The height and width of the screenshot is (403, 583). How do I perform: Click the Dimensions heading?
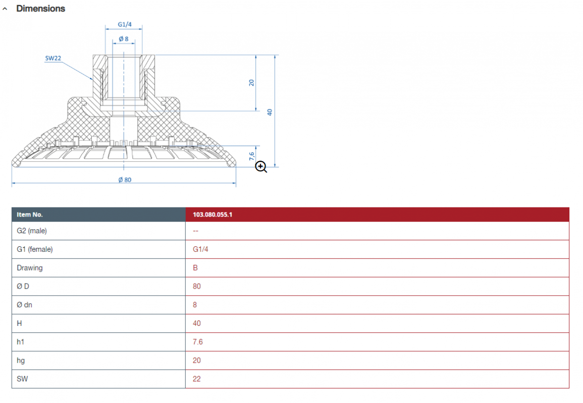coord(40,9)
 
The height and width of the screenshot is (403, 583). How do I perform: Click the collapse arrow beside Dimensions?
coord(5,9)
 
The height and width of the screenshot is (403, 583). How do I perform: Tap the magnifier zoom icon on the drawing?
coord(261,167)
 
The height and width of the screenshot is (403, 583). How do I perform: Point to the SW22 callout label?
coord(53,58)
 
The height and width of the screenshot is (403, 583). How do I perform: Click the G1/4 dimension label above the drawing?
coord(125,25)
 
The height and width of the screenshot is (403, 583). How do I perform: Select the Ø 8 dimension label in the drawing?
coord(124,39)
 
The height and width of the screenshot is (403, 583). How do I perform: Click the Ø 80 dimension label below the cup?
coord(125,180)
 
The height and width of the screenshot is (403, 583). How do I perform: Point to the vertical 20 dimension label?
coord(252,83)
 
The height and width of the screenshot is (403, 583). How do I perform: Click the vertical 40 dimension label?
coord(270,112)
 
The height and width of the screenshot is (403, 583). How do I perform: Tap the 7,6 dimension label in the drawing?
coord(252,156)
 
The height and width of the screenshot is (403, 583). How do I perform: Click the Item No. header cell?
coord(30,215)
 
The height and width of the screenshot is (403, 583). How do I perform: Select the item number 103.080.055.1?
coord(213,215)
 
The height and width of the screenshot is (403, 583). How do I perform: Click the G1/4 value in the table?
coord(200,249)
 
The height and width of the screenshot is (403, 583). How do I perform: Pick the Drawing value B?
coord(195,268)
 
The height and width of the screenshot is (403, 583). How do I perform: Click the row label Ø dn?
coord(25,305)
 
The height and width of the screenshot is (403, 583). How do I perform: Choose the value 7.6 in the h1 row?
coord(198,342)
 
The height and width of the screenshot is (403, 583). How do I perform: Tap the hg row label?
coord(21,361)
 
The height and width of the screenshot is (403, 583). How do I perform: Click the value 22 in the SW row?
coord(197,379)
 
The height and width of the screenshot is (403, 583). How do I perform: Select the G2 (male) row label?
coord(32,231)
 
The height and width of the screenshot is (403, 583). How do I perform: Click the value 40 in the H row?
coord(197,323)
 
